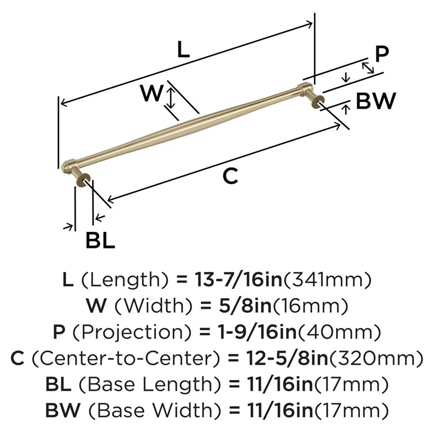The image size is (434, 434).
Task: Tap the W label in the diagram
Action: [x=151, y=93]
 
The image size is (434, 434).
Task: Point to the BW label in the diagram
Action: [x=376, y=102]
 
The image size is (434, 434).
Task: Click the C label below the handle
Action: [x=230, y=176]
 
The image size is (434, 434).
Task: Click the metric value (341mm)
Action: [x=328, y=281]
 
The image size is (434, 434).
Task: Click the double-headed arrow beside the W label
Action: [x=171, y=98]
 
